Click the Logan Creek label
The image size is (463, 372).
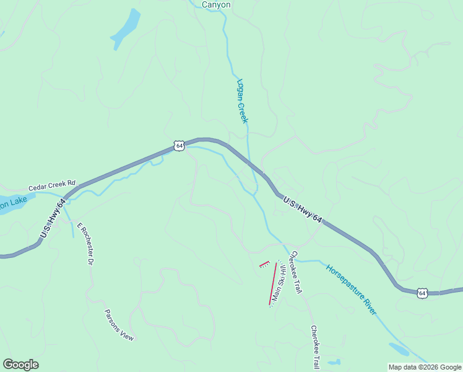pos(241,100)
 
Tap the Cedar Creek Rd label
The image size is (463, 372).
pos(51,185)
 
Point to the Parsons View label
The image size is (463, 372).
pos(119,325)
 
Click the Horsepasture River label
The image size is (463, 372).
pos(351,290)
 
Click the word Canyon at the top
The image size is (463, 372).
pos(216,4)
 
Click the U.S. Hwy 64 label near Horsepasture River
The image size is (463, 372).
pos(303,210)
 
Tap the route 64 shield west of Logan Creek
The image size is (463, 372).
pos(179,146)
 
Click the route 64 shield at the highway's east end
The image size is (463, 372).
pos(422,292)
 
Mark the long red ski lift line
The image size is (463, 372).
pos(272,283)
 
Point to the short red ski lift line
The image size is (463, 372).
pos(264,264)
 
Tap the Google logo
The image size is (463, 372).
pos(20,365)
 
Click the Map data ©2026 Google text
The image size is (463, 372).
pos(425,367)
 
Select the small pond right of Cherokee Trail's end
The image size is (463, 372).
pos(334,361)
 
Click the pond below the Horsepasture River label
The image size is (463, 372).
pos(399,350)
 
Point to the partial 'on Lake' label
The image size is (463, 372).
pos(12,203)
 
